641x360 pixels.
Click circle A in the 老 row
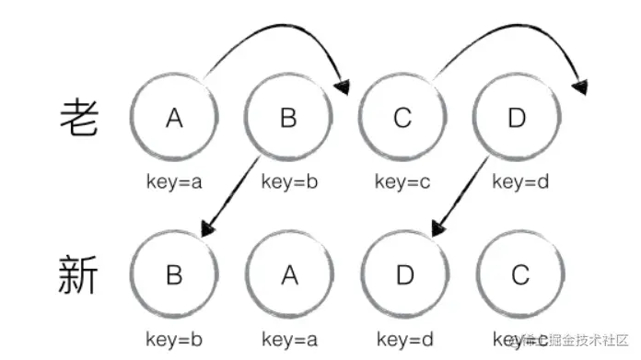[174, 117]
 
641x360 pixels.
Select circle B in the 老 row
[289, 117]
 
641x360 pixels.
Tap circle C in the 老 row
[403, 117]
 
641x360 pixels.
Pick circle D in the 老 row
[517, 117]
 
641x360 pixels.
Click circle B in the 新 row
[174, 275]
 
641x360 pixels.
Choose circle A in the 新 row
[289, 275]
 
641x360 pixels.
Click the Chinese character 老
[78, 117]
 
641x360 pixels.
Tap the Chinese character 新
[78, 274]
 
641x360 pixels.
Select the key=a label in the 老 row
[174, 181]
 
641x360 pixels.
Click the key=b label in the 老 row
[289, 181]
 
